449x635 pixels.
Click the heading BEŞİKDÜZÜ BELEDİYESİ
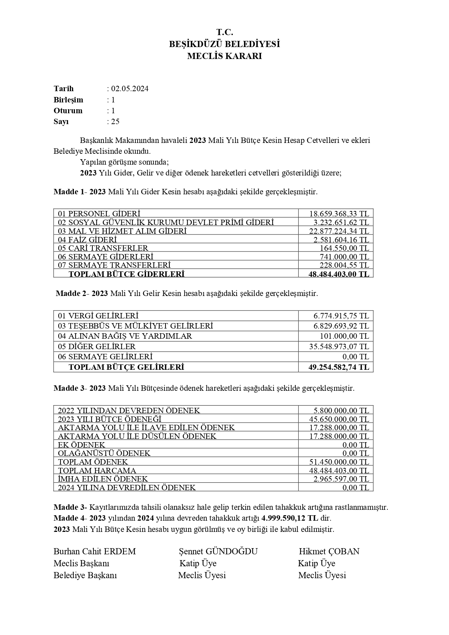[x=224, y=45]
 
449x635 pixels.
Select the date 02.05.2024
[x=130, y=89]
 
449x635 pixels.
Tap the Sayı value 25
[x=115, y=122]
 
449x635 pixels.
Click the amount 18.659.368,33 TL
[x=339, y=213]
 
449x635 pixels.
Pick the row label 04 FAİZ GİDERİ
[x=87, y=240]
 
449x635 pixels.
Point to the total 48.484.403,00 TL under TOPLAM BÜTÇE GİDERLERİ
[x=339, y=274]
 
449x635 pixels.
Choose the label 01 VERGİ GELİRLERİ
[x=98, y=316]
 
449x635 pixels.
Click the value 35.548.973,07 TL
[x=339, y=347]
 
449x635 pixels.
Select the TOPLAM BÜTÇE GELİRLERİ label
[x=126, y=367]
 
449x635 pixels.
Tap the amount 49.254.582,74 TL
[x=339, y=367]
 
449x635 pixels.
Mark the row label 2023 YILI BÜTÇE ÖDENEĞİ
[x=109, y=419]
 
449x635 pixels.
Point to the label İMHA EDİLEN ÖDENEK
[x=103, y=479]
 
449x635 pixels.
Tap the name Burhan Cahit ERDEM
[x=95, y=551]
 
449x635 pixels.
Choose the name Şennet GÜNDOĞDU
[x=218, y=551]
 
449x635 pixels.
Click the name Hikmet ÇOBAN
[x=329, y=551]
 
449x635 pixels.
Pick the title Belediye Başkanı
[x=85, y=575]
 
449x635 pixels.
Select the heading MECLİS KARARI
[x=224, y=56]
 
